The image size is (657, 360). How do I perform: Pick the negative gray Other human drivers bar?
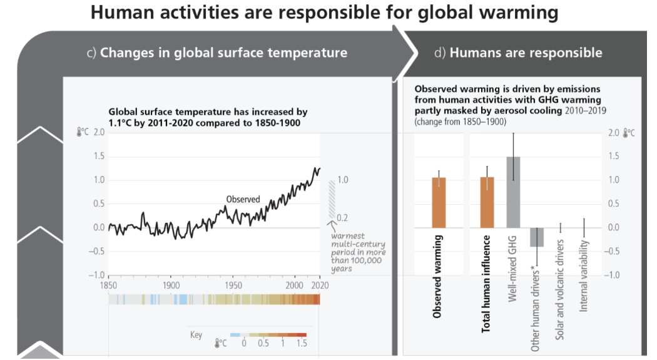pyautogui.click(x=537, y=237)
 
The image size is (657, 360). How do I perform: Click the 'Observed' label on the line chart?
pyautogui.click(x=243, y=199)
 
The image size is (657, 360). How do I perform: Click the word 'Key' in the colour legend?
pyautogui.click(x=196, y=335)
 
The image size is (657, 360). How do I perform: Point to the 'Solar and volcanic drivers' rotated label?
pyautogui.click(x=560, y=289)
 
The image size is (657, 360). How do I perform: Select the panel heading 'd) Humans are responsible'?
pyautogui.click(x=517, y=53)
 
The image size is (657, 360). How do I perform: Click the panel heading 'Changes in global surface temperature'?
pyautogui.click(x=223, y=53)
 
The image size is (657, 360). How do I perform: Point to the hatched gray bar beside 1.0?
pyautogui.click(x=332, y=200)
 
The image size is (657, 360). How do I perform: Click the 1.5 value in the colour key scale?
pyautogui.click(x=302, y=344)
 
